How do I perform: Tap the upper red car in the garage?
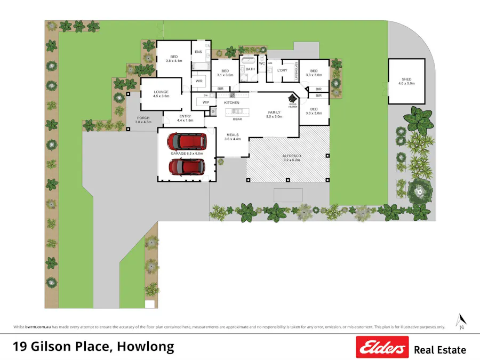click(x=187, y=141)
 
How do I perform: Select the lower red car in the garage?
click(x=187, y=167)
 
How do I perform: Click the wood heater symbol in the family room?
click(x=292, y=99)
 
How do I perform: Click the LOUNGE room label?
click(x=161, y=92)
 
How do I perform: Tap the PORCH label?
click(x=143, y=118)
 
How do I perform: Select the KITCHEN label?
click(x=231, y=102)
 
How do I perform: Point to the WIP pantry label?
click(x=205, y=102)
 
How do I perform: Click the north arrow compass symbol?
click(x=461, y=321)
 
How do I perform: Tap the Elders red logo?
click(x=382, y=347)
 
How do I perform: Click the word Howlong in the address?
click(x=145, y=347)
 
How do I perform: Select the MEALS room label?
click(x=233, y=135)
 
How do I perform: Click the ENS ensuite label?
click(x=198, y=52)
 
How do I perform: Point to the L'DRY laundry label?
click(x=282, y=70)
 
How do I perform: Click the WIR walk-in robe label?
click(x=199, y=81)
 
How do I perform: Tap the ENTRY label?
click(x=185, y=116)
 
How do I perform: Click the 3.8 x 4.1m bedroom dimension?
click(x=174, y=61)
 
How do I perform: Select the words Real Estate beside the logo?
click(x=439, y=350)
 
